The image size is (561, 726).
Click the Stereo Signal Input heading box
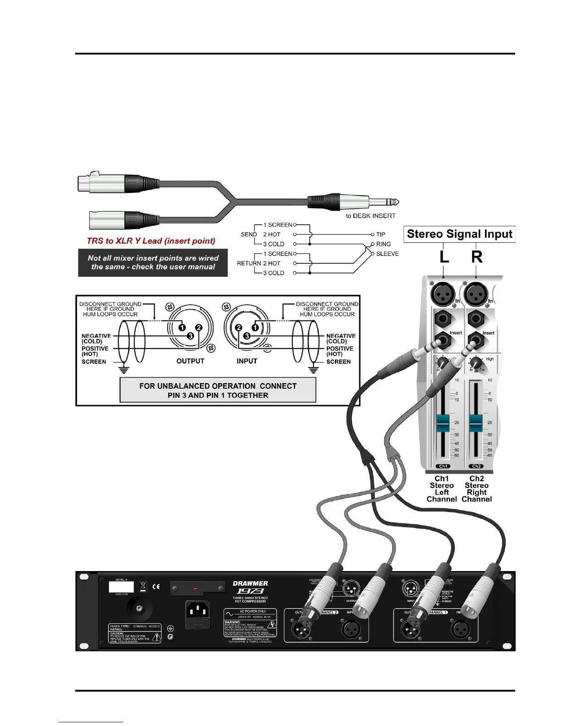click(459, 234)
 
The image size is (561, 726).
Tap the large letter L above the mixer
click(444, 257)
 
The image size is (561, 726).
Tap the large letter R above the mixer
click(477, 257)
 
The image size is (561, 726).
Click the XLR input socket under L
click(442, 294)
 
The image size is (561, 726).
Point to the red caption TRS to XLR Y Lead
click(151, 241)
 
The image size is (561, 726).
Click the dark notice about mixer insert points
click(153, 263)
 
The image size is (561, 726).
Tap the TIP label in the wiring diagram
click(381, 234)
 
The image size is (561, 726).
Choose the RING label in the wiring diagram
click(383, 244)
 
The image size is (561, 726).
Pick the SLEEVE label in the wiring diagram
click(387, 253)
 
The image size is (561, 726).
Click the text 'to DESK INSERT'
click(370, 216)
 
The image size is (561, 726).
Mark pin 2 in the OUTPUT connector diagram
click(198, 328)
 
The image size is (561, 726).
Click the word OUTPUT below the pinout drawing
click(190, 361)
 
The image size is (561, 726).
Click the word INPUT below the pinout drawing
click(247, 361)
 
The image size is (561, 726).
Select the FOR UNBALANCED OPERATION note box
click(218, 390)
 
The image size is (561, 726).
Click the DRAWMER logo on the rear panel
click(250, 583)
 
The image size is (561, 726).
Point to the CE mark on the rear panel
click(156, 587)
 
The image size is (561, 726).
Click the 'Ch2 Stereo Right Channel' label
click(477, 489)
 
